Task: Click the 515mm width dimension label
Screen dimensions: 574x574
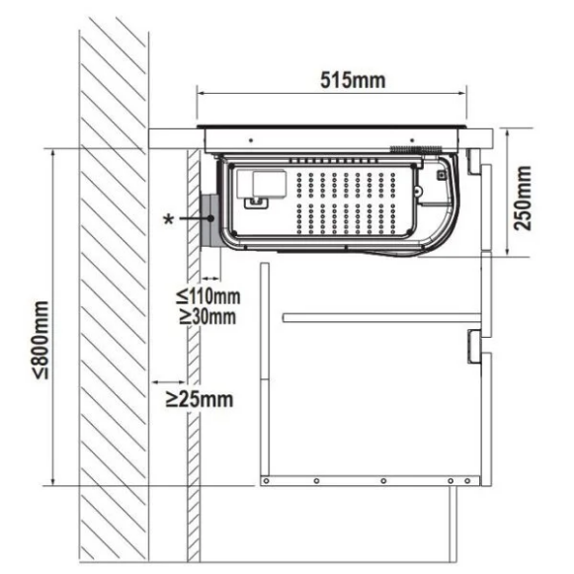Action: pos(353,81)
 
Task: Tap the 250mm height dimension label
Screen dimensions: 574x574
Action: pos(523,198)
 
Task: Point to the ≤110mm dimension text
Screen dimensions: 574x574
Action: pos(207,295)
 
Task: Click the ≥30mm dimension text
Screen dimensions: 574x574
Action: pos(207,316)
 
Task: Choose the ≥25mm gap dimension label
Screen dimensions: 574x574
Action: pos(200,399)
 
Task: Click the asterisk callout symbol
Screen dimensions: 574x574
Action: pos(169,219)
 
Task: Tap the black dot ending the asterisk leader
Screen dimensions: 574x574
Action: pos(210,218)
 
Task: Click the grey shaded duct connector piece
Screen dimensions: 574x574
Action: pos(209,220)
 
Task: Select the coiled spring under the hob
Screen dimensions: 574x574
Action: pos(416,149)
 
